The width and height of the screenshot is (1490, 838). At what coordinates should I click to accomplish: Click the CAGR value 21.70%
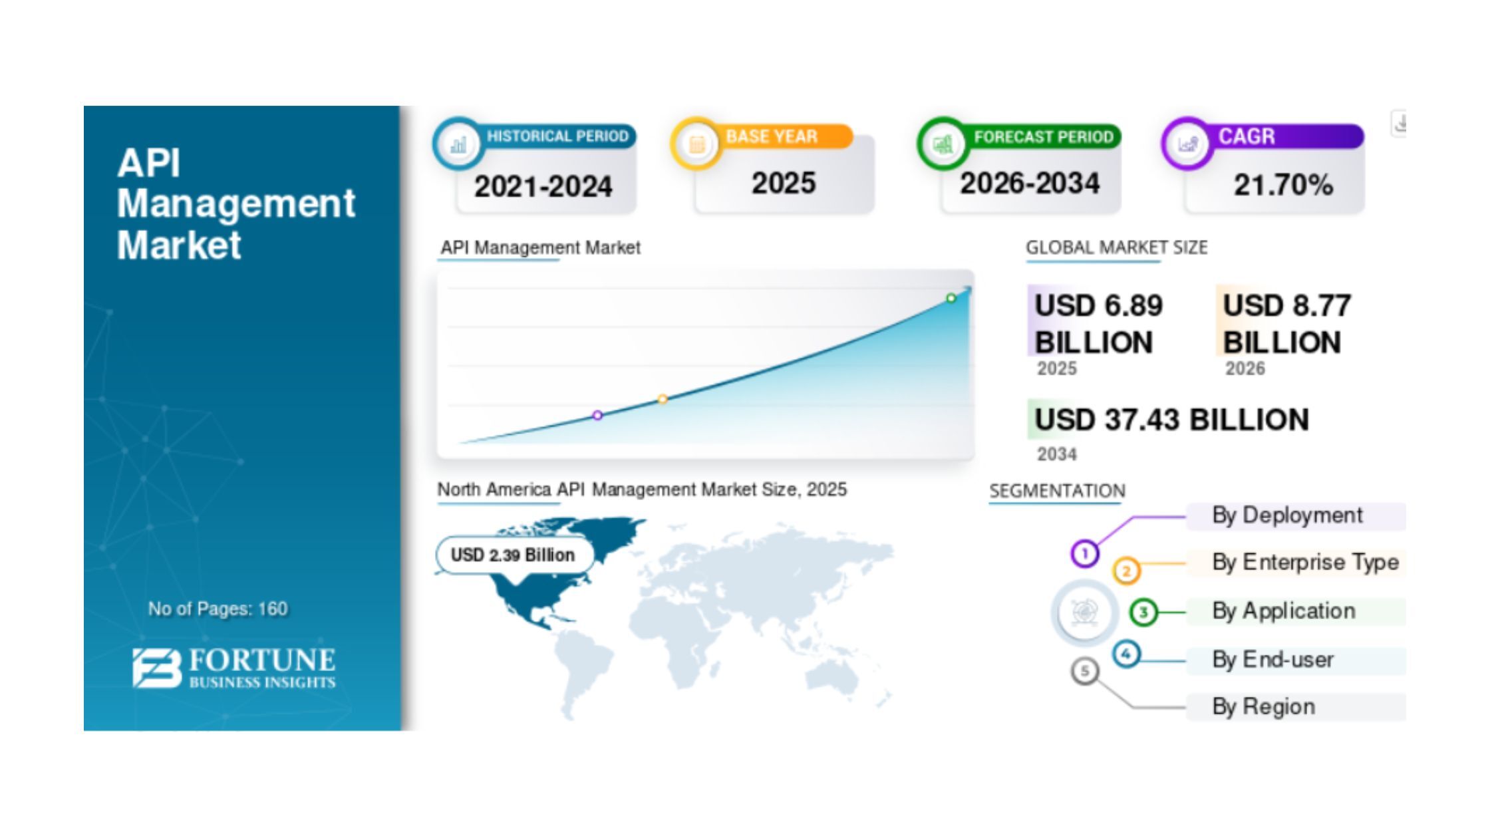pyautogui.click(x=1283, y=185)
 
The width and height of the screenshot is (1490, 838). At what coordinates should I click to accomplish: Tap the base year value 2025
pyautogui.click(x=784, y=183)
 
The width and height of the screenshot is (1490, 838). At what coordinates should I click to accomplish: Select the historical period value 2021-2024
pyautogui.click(x=543, y=186)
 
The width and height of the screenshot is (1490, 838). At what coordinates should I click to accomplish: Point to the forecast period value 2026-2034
pyautogui.click(x=1030, y=184)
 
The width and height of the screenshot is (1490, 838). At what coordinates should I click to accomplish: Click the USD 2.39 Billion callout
pyautogui.click(x=514, y=555)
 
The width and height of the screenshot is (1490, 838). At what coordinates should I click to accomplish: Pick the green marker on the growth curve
pyautogui.click(x=951, y=299)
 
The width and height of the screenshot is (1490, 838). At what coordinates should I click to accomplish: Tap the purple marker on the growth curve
pyautogui.click(x=597, y=415)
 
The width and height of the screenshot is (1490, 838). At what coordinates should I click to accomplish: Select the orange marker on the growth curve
pyautogui.click(x=663, y=399)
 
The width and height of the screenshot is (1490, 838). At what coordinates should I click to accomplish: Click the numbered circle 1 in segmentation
pyautogui.click(x=1085, y=553)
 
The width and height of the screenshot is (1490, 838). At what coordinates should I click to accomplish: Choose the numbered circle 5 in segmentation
pyautogui.click(x=1085, y=671)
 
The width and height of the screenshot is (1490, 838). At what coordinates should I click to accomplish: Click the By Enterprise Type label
pyautogui.click(x=1305, y=562)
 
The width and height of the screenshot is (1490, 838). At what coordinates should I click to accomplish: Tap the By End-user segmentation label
pyautogui.click(x=1272, y=660)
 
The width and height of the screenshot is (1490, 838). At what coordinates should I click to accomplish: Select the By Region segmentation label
pyautogui.click(x=1263, y=706)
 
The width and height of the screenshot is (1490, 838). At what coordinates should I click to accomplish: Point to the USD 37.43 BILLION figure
pyautogui.click(x=1171, y=420)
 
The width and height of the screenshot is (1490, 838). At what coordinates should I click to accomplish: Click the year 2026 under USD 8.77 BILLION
pyautogui.click(x=1245, y=368)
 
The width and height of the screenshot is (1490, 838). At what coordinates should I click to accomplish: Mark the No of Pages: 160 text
pyautogui.click(x=218, y=609)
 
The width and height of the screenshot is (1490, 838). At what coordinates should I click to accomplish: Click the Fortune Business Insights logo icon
pyautogui.click(x=156, y=668)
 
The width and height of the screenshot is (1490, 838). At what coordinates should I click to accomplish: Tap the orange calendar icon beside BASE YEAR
pyautogui.click(x=696, y=144)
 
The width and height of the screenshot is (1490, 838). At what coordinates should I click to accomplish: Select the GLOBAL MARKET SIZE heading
pyautogui.click(x=1116, y=247)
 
